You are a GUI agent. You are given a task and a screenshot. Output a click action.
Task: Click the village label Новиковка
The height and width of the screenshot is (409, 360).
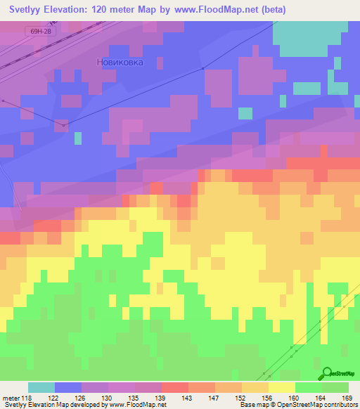pos(120,62)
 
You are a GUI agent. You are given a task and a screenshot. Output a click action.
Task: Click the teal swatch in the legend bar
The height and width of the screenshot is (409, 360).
pos(41,387)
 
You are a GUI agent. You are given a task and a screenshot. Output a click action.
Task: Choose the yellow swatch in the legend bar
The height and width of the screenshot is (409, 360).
pos(281,387)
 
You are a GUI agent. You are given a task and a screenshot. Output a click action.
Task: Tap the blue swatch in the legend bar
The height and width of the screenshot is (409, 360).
pos(68,387)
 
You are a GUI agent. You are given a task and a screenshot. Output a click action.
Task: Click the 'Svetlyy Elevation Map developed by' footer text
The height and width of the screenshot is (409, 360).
pos(53,405)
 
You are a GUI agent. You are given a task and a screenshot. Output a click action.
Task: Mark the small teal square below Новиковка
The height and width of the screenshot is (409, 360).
pos(245,112)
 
